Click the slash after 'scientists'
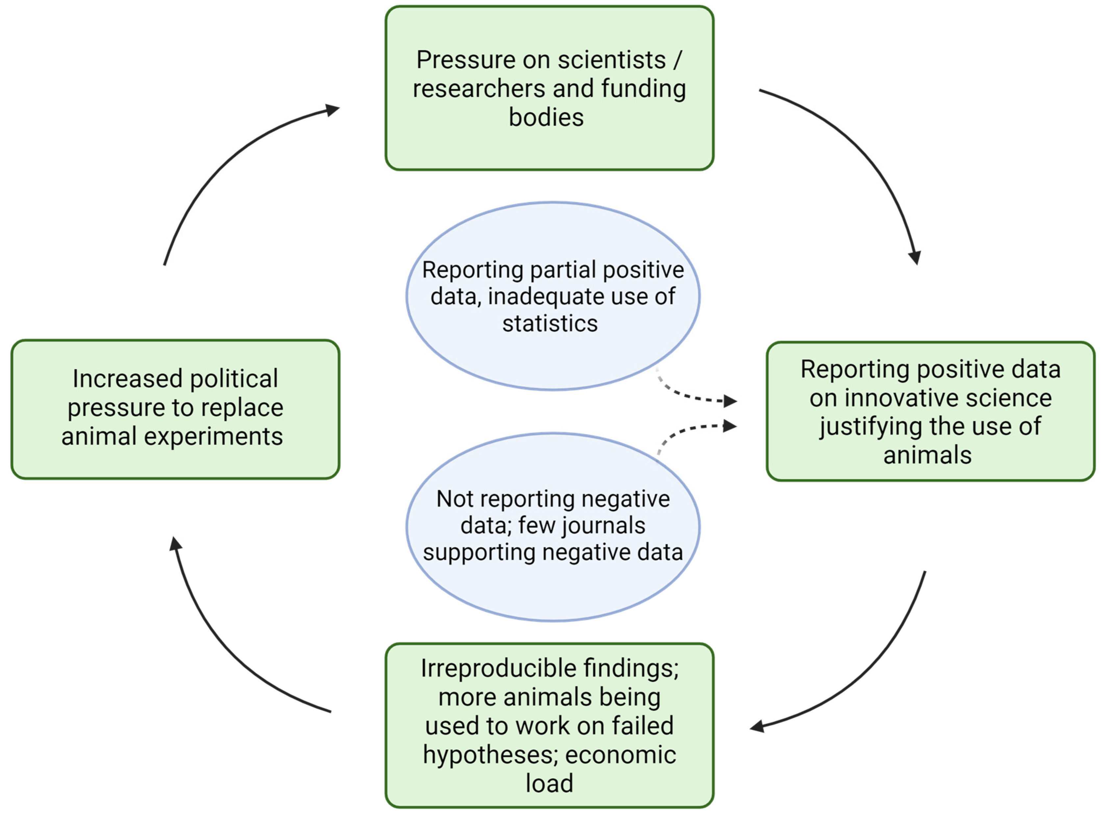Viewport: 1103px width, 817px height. pos(677,60)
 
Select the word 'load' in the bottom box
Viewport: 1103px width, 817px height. pos(549,784)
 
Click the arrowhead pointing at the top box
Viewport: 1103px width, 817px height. pos(332,110)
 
